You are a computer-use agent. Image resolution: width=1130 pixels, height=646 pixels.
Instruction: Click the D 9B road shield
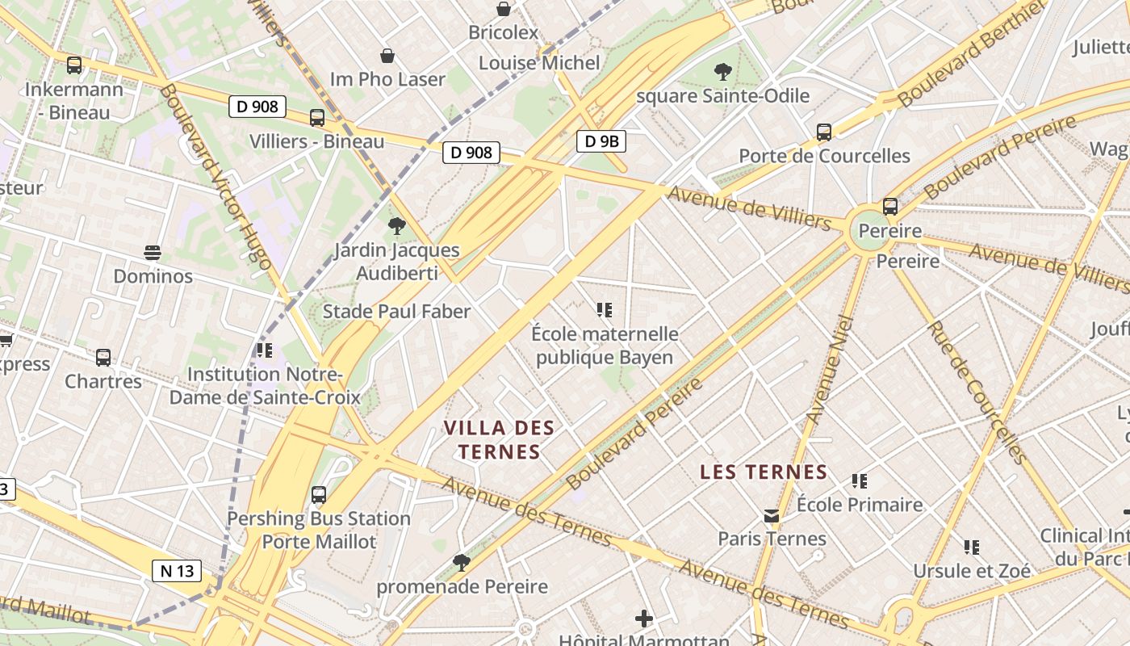(x=601, y=141)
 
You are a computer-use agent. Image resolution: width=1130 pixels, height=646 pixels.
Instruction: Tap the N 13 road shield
(x=177, y=571)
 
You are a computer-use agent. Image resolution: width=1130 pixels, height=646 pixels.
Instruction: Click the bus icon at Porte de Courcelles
(x=824, y=132)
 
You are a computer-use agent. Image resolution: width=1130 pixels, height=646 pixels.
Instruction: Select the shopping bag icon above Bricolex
(x=504, y=9)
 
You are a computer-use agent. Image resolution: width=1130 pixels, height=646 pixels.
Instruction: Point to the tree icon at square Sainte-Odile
(x=723, y=72)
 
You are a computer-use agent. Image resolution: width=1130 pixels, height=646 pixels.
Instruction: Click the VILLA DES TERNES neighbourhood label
(x=500, y=440)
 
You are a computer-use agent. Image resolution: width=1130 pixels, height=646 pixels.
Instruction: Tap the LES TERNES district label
(x=764, y=472)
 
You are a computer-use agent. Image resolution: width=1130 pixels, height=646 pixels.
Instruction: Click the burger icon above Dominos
(x=153, y=253)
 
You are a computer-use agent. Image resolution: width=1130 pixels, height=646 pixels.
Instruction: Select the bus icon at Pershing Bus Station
(x=319, y=494)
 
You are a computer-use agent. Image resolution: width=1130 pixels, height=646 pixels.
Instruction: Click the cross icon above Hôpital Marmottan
(x=644, y=619)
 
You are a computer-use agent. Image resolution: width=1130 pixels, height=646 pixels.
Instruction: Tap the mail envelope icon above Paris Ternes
(x=772, y=515)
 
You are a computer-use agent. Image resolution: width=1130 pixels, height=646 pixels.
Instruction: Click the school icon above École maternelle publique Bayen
(x=605, y=310)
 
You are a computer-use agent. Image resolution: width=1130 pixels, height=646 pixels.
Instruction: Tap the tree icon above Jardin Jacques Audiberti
(x=396, y=226)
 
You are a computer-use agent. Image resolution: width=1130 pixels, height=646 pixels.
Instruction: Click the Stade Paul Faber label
(x=396, y=312)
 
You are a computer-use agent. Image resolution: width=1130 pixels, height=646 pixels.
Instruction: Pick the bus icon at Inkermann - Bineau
(x=74, y=65)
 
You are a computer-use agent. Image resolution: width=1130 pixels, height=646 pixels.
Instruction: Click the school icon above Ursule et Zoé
(x=972, y=547)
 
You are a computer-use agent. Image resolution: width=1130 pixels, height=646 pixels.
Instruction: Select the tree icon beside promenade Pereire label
(x=462, y=562)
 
